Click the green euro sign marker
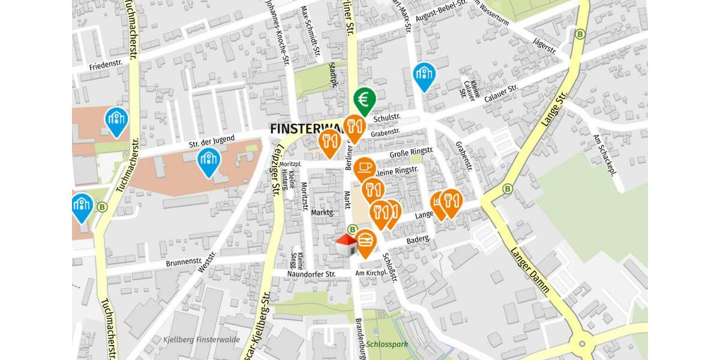tap(364, 99)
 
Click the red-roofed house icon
tap(346, 245)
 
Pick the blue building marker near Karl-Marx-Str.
tap(424, 75)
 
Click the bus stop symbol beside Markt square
tap(352, 229)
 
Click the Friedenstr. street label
tap(105, 62)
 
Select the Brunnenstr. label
tap(184, 262)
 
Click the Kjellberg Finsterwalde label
tap(202, 340)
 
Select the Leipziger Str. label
tap(276, 174)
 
